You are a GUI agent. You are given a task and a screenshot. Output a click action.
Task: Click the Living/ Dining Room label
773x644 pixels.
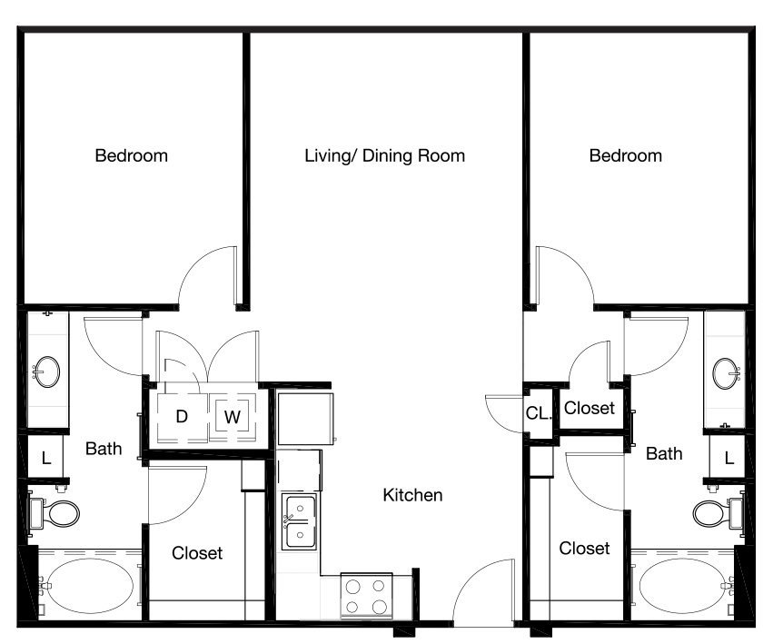coord(384,156)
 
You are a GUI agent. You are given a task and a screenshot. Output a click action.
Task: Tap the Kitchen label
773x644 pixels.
coord(412,495)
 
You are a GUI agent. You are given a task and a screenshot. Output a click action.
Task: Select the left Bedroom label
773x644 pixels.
coord(131,156)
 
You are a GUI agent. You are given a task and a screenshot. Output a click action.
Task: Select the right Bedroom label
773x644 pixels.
coord(626,156)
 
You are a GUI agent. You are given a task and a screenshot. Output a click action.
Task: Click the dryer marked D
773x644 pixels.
coord(182,417)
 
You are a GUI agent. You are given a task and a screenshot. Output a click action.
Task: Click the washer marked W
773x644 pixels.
coord(233,417)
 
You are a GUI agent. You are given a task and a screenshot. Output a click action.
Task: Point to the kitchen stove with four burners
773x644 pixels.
coord(366,596)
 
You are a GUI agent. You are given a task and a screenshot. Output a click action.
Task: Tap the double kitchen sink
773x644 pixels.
coord(299,522)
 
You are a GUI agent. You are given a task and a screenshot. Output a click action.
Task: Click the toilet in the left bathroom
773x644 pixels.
coord(55,513)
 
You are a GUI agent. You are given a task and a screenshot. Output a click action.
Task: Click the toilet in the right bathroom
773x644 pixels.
coord(718,513)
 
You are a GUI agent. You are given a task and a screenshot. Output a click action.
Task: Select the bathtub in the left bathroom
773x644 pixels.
coord(91,585)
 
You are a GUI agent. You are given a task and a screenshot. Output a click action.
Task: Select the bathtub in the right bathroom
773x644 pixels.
coord(683,585)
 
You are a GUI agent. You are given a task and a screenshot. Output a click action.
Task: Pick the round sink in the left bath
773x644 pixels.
coord(47,372)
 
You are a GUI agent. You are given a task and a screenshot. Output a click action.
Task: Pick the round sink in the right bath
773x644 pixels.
coord(726,373)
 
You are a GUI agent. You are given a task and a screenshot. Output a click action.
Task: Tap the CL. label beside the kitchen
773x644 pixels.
coord(538,413)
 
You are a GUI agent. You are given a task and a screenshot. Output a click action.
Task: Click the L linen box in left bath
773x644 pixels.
coord(45,458)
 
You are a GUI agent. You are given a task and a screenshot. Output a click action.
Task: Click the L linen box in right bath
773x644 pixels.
coord(728,458)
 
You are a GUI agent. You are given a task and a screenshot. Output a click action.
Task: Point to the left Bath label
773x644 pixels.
coord(104,449)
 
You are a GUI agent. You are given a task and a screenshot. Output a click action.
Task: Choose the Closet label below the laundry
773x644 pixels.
coord(197,553)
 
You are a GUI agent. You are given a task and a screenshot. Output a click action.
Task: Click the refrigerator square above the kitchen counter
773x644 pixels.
coord(305,419)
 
